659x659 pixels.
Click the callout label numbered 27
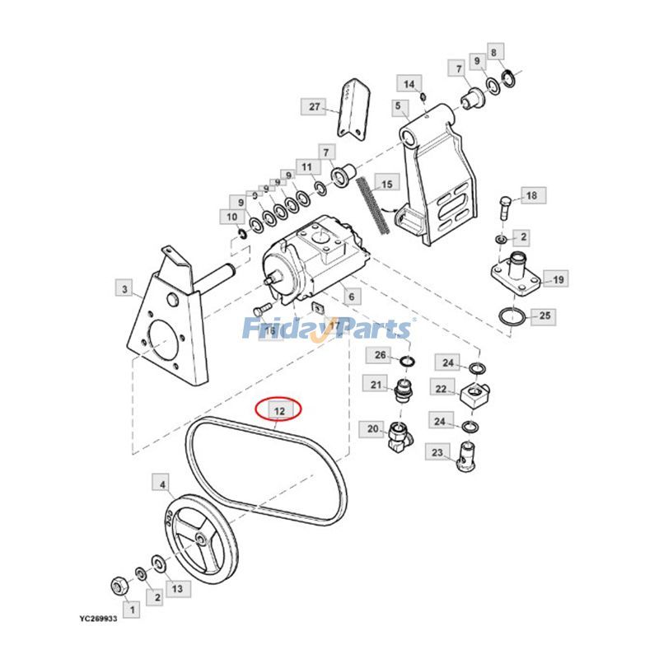pyautogui.click(x=313, y=106)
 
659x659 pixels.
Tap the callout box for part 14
pyautogui.click(x=410, y=83)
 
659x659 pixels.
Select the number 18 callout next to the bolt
pyautogui.click(x=530, y=195)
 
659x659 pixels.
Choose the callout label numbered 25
pyautogui.click(x=543, y=315)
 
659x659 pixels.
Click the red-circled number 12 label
pyautogui.click(x=279, y=409)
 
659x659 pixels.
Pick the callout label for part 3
pyautogui.click(x=124, y=288)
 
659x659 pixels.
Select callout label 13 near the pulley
pyautogui.click(x=176, y=588)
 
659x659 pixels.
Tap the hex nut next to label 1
pyautogui.click(x=117, y=586)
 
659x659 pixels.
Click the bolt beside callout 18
pyautogui.click(x=503, y=205)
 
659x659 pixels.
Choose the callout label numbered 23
pyautogui.click(x=437, y=452)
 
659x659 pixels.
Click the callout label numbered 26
pyautogui.click(x=380, y=356)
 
